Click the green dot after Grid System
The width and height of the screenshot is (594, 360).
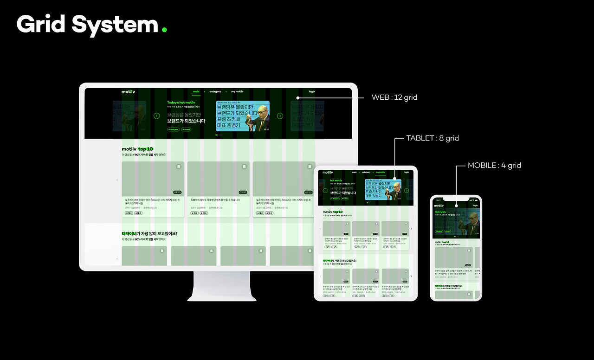click(x=164, y=30)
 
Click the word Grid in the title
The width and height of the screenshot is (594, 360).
click(x=41, y=24)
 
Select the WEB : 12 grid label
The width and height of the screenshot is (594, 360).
click(x=394, y=97)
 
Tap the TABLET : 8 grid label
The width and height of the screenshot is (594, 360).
click(x=432, y=138)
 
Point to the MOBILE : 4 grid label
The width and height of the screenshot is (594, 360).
click(x=494, y=165)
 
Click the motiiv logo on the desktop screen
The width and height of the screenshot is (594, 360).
click(x=128, y=91)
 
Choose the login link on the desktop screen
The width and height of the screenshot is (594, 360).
click(x=312, y=91)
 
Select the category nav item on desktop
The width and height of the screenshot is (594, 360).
click(x=215, y=91)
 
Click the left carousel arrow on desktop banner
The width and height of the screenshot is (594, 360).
click(x=157, y=116)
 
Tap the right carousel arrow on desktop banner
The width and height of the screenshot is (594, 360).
click(x=280, y=116)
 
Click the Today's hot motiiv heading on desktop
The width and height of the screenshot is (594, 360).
click(x=182, y=102)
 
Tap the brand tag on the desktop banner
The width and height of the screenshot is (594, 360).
click(x=186, y=129)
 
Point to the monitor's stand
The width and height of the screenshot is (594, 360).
click(x=222, y=285)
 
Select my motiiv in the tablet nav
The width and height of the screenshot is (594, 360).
click(x=381, y=172)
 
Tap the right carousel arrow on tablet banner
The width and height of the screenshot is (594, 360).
click(x=407, y=191)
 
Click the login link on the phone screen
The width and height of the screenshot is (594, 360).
click(x=475, y=206)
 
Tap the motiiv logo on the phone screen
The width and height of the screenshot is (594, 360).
click(x=439, y=206)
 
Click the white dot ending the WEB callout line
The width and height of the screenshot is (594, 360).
click(x=298, y=98)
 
